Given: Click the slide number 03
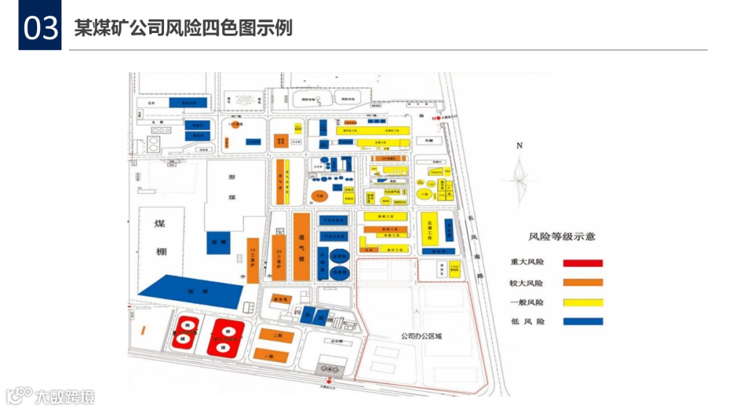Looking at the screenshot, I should coord(40,29).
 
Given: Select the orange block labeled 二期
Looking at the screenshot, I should coord(275,335).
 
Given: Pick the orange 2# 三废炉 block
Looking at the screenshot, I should coord(279,258).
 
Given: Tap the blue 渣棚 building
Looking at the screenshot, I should coord(218,243).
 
